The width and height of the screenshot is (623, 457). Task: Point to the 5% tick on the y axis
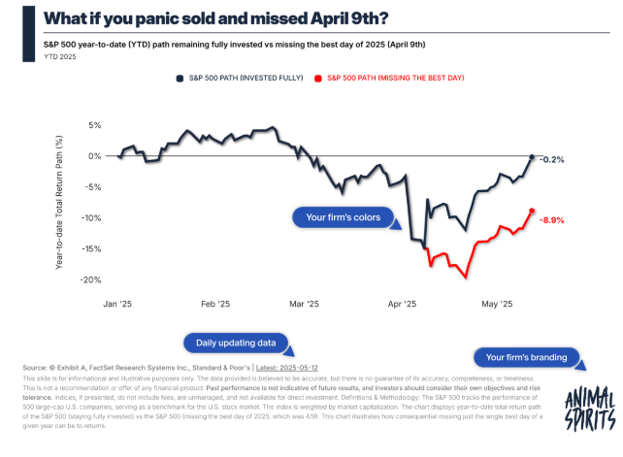point(94,126)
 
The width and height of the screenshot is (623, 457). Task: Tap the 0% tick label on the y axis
point(94,156)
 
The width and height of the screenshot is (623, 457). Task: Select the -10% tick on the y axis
point(91,218)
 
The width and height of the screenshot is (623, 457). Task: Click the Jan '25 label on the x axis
point(117,305)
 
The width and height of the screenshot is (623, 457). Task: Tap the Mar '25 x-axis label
point(304,305)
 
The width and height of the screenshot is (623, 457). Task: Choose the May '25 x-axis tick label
point(498,305)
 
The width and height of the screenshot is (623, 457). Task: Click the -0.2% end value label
point(551,159)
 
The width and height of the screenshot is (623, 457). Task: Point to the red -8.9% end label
point(551,220)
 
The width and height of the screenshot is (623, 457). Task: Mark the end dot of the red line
point(532,211)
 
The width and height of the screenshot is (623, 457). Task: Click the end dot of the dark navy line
point(532,156)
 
